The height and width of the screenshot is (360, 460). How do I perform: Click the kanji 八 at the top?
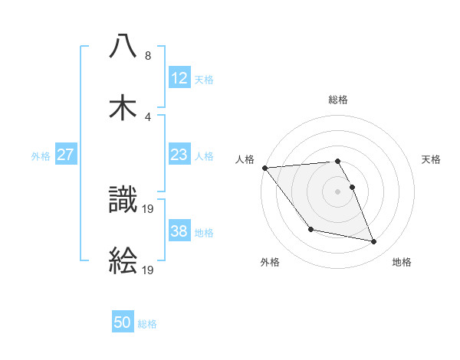[123, 46]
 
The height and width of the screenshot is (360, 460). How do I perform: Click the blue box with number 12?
[179, 77]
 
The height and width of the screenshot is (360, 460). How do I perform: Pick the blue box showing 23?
[179, 155]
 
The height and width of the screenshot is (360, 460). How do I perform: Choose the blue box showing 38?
[179, 231]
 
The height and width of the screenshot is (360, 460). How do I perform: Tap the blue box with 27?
[66, 155]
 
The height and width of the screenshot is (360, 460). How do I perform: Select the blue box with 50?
[123, 323]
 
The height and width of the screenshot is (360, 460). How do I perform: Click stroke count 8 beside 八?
[148, 56]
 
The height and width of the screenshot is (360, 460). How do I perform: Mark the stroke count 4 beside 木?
[148, 116]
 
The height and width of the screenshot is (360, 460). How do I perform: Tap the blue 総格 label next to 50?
[147, 324]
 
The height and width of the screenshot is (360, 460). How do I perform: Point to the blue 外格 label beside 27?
[41, 155]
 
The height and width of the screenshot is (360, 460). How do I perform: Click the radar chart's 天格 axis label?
[432, 159]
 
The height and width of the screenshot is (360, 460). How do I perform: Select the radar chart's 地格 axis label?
[402, 262]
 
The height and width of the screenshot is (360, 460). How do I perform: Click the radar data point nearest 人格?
[264, 168]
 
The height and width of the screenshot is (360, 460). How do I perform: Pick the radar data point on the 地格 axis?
[374, 242]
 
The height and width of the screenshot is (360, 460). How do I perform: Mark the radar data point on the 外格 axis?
[310, 229]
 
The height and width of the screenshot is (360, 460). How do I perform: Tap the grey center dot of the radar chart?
[337, 191]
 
